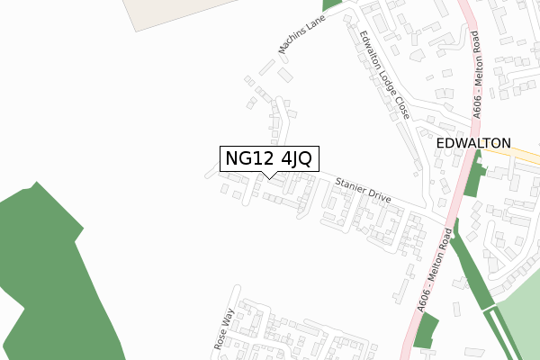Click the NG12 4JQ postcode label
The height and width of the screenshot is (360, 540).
tap(268, 158)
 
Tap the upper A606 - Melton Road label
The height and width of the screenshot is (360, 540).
tap(478, 74)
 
